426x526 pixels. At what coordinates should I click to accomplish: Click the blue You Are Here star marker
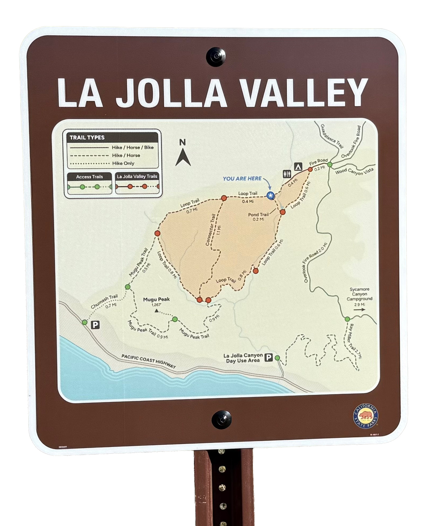270,196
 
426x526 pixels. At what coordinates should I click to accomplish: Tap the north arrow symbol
183,157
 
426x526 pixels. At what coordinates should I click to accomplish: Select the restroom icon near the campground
287,174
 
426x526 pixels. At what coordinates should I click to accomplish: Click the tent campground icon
298,166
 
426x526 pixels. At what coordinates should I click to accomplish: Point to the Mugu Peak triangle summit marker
157,311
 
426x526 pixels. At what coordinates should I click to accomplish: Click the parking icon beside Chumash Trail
95,325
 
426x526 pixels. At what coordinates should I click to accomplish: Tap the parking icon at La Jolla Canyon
269,358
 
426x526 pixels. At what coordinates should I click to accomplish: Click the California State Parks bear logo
366,416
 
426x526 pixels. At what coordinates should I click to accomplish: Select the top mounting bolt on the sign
216,57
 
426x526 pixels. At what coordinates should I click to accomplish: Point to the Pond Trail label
258,214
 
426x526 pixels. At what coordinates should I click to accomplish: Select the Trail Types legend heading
87,138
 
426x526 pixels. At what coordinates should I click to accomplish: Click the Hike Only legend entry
123,163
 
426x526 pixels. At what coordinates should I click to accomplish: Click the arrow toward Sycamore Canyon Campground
359,310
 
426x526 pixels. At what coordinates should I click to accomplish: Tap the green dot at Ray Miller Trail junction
347,319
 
